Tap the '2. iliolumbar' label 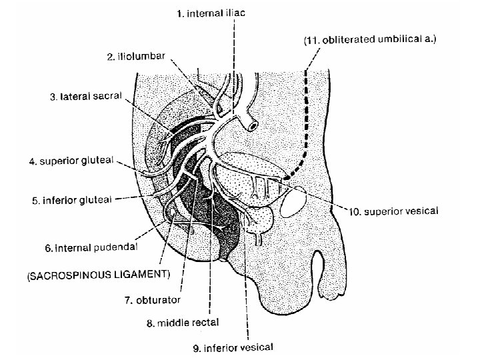[136, 57]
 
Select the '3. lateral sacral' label [86, 97]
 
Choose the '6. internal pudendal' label [91, 247]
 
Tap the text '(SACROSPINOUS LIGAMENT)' [98, 274]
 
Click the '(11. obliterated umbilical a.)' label [370, 40]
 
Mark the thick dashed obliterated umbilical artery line [307, 120]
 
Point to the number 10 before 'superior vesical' [356, 211]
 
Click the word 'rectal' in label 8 [203, 323]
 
